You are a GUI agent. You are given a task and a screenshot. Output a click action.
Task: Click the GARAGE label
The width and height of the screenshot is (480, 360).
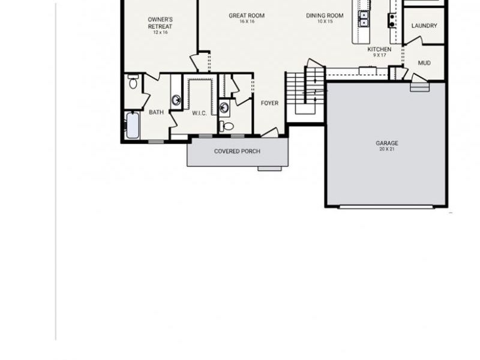(387, 143)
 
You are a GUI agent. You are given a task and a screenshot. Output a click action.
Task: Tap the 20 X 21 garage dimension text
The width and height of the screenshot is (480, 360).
(387, 149)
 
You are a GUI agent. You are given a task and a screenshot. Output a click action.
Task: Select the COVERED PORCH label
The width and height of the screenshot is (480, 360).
(237, 151)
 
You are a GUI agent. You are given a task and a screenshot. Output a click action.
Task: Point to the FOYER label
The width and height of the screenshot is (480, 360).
(269, 103)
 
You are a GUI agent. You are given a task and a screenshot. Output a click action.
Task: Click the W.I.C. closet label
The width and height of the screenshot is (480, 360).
(199, 113)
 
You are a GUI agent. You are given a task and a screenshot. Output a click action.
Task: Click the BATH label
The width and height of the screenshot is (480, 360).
(156, 112)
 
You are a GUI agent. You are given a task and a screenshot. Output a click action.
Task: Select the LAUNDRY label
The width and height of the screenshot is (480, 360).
(424, 26)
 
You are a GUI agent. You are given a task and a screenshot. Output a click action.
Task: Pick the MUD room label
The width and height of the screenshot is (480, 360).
(424, 62)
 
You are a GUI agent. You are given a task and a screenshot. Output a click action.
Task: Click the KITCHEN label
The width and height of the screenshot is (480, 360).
(379, 50)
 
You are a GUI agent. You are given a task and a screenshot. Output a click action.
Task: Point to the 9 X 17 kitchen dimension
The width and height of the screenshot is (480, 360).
(379, 56)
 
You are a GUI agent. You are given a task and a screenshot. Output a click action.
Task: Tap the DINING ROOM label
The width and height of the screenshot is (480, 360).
(325, 16)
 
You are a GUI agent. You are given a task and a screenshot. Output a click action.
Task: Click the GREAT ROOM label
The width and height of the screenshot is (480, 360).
(247, 16)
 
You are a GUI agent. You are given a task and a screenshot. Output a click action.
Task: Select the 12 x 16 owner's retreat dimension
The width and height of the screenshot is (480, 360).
(160, 32)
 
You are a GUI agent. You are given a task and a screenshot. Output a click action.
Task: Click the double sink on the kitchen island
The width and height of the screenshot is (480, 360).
(364, 19)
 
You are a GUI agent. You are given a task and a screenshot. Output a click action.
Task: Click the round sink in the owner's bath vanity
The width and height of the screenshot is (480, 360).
(176, 100)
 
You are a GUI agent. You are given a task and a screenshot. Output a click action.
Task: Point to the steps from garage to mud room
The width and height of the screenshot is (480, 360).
(420, 86)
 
